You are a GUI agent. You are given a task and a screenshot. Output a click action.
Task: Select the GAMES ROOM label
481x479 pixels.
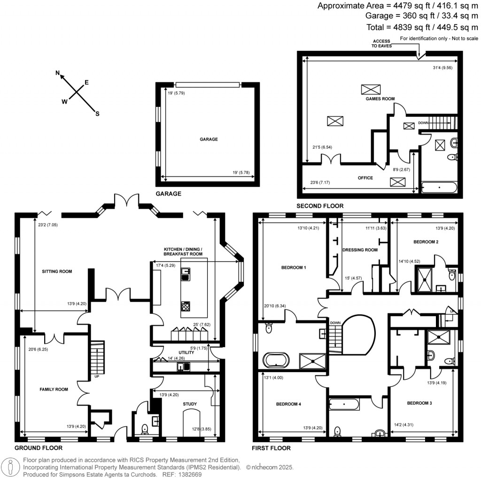[x=380, y=99]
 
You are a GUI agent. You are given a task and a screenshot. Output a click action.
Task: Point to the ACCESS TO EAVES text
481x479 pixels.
[x=382, y=43]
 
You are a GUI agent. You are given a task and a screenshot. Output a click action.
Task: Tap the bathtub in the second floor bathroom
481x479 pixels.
[x=439, y=188]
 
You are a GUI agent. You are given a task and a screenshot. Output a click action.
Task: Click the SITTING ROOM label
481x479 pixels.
[x=57, y=271]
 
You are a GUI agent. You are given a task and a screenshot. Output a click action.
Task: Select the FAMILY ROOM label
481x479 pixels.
[x=53, y=389]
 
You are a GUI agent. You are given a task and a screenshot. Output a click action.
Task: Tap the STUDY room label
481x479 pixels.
[x=190, y=404]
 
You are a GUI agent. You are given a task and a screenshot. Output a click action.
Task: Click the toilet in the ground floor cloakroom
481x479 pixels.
[x=145, y=429]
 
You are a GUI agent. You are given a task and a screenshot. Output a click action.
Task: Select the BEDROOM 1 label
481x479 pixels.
[x=293, y=268]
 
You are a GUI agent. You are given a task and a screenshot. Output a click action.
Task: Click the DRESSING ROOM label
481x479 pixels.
[x=360, y=250]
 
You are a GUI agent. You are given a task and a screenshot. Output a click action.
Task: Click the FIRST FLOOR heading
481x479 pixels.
[x=272, y=448]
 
